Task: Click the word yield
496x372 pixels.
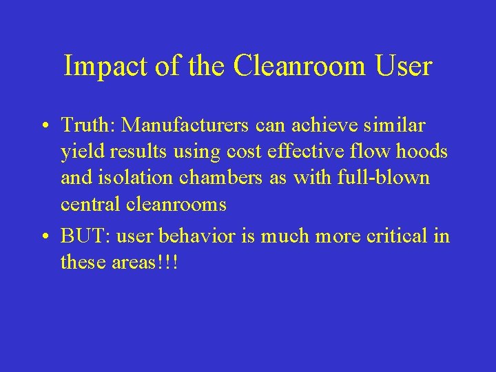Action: (79, 152)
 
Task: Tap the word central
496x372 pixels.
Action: (90, 204)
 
